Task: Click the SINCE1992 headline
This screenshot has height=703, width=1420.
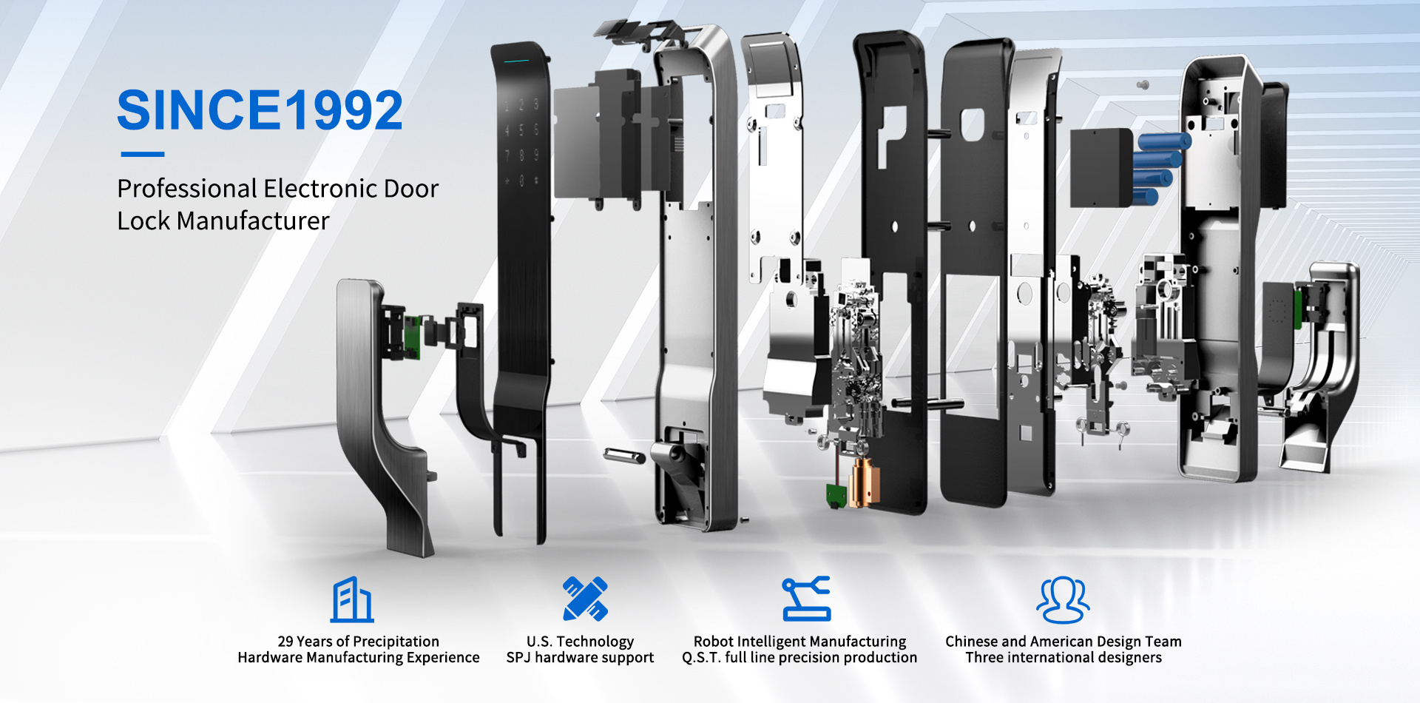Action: coord(260,110)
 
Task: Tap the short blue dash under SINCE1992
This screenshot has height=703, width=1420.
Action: coord(142,155)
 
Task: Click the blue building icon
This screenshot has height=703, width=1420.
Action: coord(352,599)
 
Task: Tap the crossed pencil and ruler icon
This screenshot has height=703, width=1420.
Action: coord(585,599)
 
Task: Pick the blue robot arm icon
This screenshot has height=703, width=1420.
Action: coord(806,599)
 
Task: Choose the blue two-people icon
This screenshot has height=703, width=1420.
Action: coord(1064,600)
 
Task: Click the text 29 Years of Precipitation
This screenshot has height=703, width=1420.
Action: coord(359,642)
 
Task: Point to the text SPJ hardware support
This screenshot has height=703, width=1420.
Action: coord(580,658)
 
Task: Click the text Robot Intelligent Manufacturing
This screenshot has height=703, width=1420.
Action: coord(799,642)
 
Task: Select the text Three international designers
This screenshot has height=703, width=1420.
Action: coord(1064,658)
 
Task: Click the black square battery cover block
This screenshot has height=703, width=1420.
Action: coord(1102,167)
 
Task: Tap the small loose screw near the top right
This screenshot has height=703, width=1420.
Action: coord(1143,85)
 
